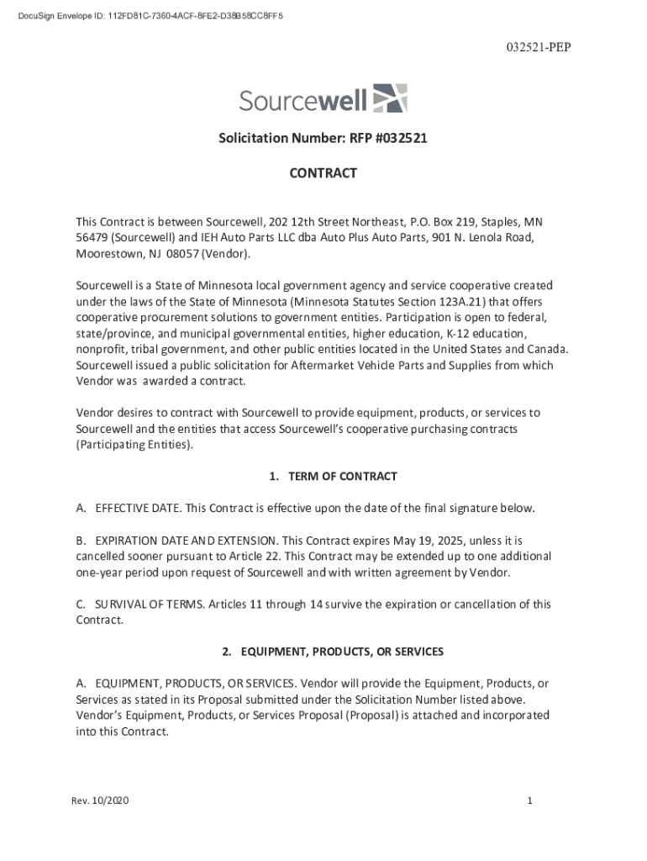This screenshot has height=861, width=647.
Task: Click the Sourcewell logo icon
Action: (x=390, y=98)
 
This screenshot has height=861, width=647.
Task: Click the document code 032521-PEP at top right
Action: (x=538, y=47)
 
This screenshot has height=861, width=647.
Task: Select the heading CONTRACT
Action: (x=323, y=173)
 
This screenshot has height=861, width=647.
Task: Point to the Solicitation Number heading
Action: (x=323, y=138)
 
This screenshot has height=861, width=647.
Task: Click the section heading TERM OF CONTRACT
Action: (x=333, y=477)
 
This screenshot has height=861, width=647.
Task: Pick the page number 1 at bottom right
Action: (x=530, y=801)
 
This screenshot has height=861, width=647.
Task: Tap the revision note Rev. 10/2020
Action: (x=101, y=801)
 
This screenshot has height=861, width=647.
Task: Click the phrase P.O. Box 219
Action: (x=446, y=222)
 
